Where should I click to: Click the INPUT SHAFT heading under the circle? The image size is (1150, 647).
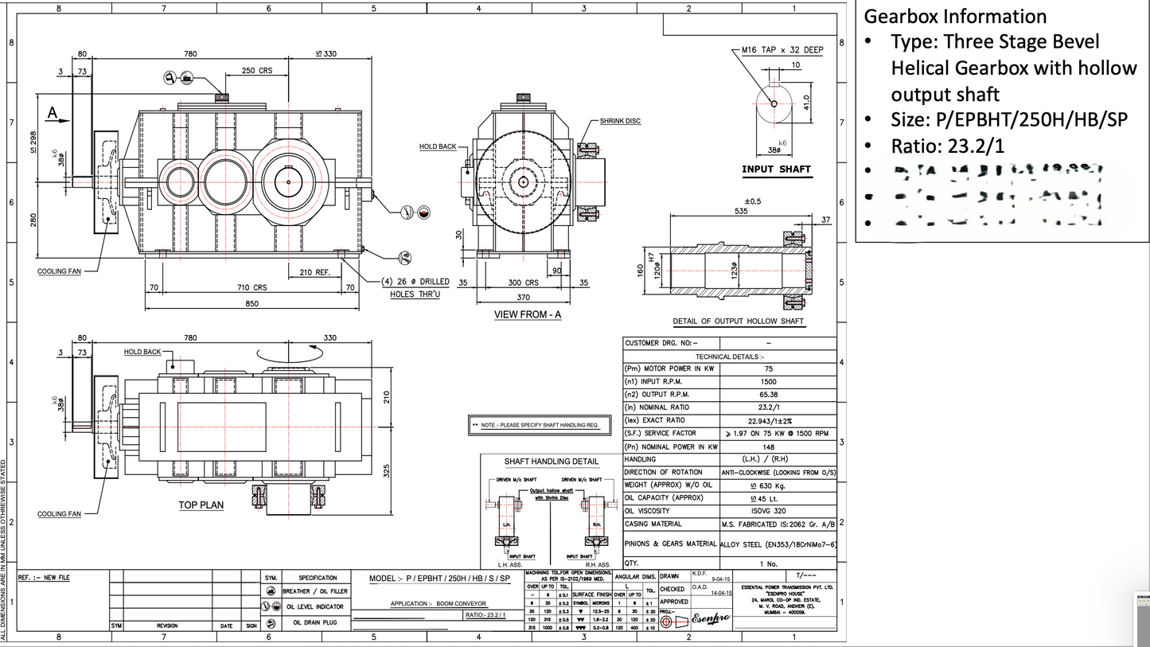[776, 170]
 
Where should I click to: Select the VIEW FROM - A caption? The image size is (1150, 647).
[528, 314]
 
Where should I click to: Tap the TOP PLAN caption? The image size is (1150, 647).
[201, 505]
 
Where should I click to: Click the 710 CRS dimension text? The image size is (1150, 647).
[251, 286]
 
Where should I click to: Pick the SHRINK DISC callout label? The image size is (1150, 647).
[621, 121]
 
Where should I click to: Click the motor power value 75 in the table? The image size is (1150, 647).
[768, 369]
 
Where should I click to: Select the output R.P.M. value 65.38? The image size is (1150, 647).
[768, 395]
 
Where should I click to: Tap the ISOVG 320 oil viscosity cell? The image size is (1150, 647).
[768, 511]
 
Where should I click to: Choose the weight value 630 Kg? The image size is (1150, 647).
[768, 485]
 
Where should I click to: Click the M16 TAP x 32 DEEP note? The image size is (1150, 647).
[782, 49]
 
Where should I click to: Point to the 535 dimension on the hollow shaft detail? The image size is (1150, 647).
[741, 212]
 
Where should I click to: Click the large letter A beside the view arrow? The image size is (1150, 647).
[53, 112]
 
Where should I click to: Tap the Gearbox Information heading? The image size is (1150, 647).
[955, 16]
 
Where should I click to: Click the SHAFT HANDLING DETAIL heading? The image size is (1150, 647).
[551, 462]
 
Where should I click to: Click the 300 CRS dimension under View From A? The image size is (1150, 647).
[524, 283]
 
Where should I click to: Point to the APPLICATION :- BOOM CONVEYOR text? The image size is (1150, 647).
[438, 604]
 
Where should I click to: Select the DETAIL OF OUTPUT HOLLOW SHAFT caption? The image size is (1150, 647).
[738, 322]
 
